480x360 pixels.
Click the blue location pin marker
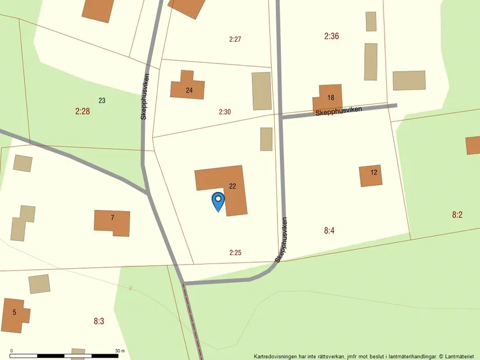(218, 201)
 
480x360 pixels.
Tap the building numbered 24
(187, 89)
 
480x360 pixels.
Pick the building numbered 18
(329, 97)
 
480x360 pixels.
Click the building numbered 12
(371, 174)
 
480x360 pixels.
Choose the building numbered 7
(112, 221)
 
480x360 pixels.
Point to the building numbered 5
(13, 315)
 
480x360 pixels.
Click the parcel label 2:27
(235, 40)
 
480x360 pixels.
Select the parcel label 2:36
(332, 36)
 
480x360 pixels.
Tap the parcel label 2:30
(225, 112)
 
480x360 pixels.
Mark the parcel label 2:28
(83, 111)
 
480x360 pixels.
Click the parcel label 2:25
(235, 252)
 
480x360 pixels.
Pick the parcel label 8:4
(329, 231)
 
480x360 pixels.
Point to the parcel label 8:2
(457, 215)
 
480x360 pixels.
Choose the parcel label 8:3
(99, 320)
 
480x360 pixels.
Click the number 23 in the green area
(102, 101)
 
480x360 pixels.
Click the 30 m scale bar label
(120, 351)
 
